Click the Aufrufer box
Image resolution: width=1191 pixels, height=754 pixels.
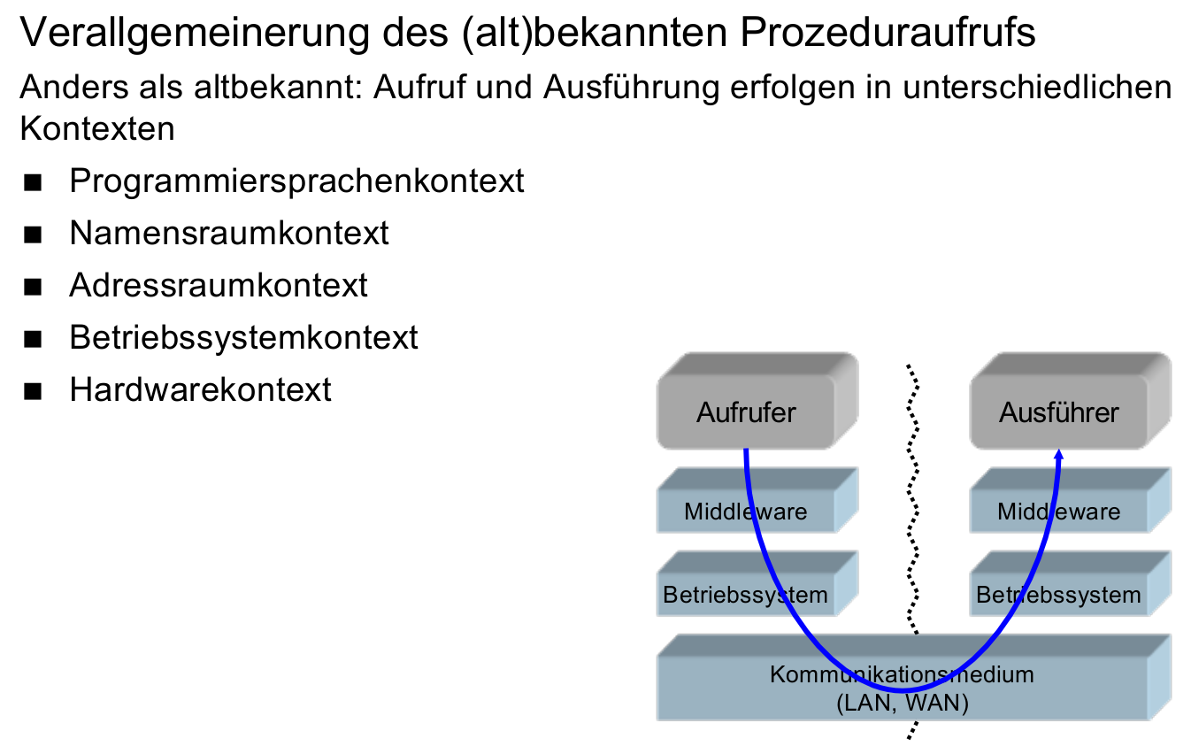[746, 412]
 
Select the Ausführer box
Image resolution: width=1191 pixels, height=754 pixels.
[1059, 412]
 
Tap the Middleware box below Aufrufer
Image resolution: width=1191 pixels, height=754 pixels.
[746, 512]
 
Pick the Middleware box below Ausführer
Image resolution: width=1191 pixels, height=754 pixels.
[1059, 512]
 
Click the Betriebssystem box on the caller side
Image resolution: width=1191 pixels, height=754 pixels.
[746, 595]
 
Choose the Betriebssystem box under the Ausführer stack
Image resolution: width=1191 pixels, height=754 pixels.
[1059, 595]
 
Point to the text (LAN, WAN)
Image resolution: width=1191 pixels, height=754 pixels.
[902, 704]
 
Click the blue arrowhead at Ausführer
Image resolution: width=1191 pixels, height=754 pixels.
[1059, 455]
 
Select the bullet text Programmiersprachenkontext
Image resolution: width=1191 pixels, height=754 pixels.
[296, 181]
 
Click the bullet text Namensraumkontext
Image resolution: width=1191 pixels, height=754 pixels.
[229, 233]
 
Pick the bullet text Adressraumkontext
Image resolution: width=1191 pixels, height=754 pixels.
[219, 285]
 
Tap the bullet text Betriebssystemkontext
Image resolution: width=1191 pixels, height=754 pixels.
[243, 337]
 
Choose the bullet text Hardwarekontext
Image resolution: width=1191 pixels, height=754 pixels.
[200, 389]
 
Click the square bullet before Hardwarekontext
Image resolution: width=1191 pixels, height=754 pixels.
[35, 391]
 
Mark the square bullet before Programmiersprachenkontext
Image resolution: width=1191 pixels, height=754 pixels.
[35, 183]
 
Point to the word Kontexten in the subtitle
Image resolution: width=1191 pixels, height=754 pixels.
[97, 128]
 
